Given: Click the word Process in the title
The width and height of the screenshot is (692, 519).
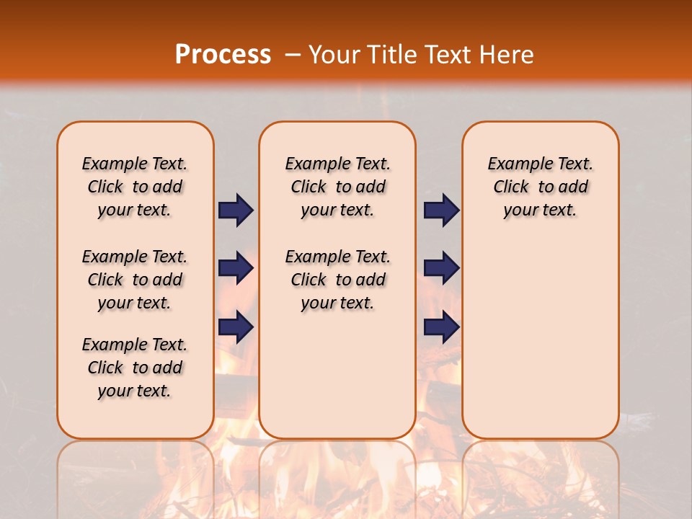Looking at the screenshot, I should point(223,54).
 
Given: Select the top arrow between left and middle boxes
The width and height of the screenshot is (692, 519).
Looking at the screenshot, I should point(236,210).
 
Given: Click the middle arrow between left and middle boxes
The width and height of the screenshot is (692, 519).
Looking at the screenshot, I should point(236,268).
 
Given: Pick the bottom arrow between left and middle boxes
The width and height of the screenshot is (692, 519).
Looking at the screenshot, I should point(236,327).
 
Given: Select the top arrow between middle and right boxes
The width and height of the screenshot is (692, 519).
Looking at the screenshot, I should point(441,210).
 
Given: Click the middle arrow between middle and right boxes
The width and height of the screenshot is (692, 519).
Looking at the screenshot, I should point(441,268).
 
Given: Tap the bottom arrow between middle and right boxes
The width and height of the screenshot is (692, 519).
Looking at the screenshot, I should point(441,327).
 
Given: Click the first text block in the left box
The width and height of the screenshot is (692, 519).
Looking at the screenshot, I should point(135,187).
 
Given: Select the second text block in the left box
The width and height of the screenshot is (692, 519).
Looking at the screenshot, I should point(135,280).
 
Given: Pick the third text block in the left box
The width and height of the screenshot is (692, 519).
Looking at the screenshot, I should point(135,368).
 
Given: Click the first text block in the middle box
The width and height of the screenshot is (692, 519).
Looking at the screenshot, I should point(337,187).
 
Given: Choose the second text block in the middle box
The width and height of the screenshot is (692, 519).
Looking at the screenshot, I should point(337,280).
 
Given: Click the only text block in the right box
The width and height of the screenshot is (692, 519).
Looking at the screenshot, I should point(540,187).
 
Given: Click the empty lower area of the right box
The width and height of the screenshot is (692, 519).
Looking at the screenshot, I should point(540,346).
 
